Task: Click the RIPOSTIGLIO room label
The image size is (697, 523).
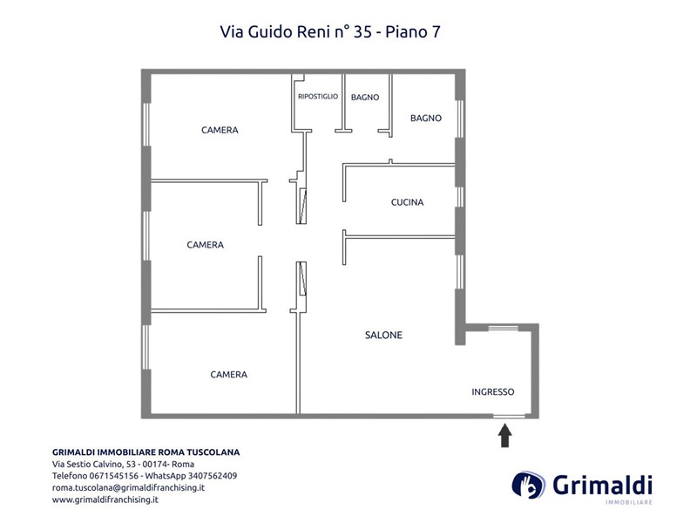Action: [x=318, y=97]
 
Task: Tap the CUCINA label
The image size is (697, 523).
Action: [x=407, y=202]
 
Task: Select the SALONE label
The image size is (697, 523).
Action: [x=383, y=336]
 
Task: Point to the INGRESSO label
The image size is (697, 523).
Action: [x=493, y=391]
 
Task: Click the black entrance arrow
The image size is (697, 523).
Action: [x=504, y=435]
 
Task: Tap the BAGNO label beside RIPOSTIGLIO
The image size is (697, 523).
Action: [x=365, y=98]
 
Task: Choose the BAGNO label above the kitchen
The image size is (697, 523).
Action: [x=426, y=119]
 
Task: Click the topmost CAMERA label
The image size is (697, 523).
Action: [x=220, y=130]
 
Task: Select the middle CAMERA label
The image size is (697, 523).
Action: [x=205, y=245]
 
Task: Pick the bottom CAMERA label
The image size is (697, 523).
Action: [x=228, y=375]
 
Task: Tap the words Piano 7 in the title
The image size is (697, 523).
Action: [x=412, y=32]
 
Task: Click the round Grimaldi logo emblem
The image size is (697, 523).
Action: [x=528, y=485]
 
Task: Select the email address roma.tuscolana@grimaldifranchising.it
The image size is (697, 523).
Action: [x=128, y=488]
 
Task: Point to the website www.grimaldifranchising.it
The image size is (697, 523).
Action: [x=105, y=499]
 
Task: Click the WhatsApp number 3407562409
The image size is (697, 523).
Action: [x=213, y=476]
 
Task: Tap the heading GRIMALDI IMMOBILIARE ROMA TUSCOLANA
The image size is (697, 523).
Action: [x=145, y=452]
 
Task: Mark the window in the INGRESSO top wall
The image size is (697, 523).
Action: [x=504, y=329]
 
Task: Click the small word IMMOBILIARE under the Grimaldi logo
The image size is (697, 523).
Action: [x=628, y=503]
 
